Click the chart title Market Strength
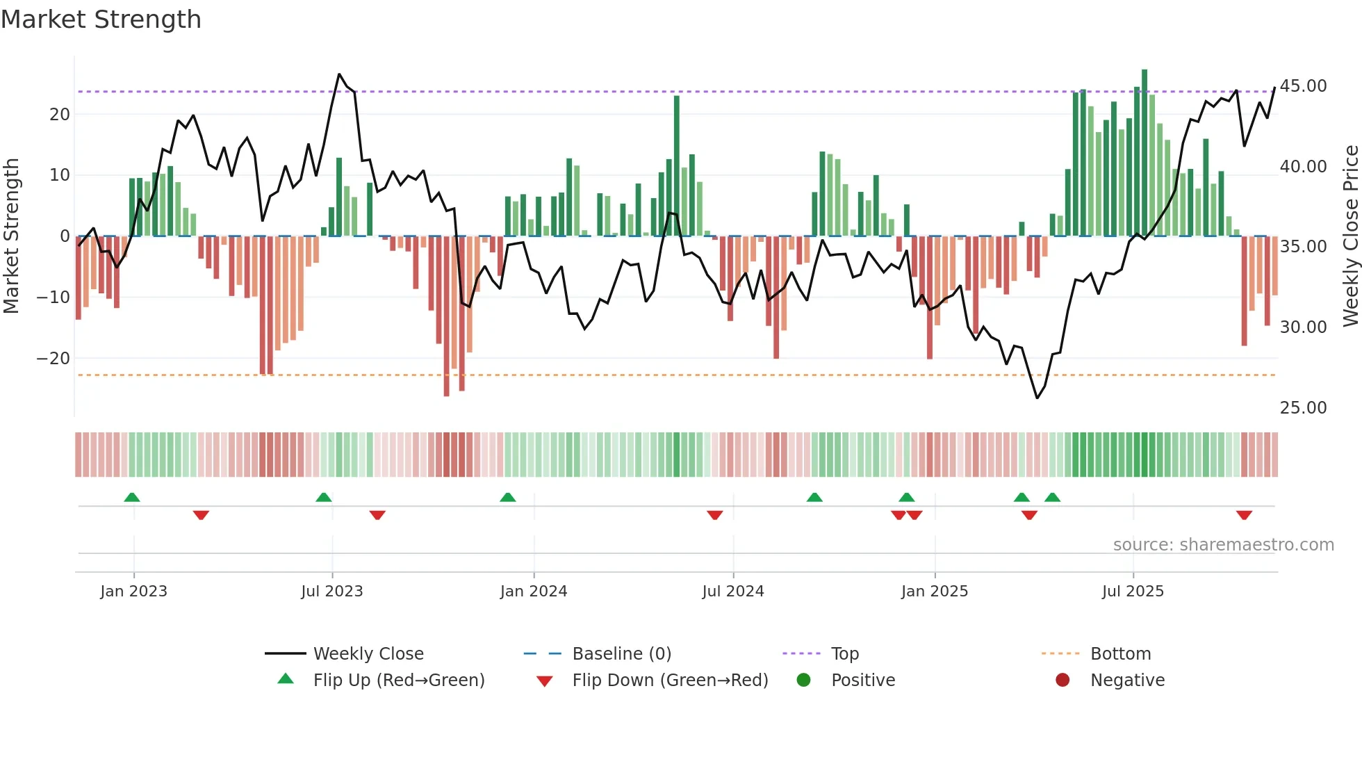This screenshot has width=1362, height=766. (101, 19)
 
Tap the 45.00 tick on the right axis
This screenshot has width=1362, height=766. (1303, 86)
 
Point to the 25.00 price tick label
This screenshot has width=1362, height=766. (1303, 408)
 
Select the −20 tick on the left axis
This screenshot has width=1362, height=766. (54, 359)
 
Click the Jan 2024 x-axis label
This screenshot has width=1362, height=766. (533, 592)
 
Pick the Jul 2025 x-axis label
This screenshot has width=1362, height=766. (1132, 592)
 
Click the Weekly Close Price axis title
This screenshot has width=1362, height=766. (1350, 236)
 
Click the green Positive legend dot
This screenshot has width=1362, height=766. (803, 681)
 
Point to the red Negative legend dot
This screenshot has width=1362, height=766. (1062, 681)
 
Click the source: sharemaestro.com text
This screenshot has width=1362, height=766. (1223, 545)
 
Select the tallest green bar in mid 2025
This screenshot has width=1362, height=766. (1144, 153)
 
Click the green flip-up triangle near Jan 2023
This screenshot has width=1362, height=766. (132, 497)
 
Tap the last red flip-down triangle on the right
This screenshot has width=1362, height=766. (1244, 515)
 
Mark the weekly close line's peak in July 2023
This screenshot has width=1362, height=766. (339, 74)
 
